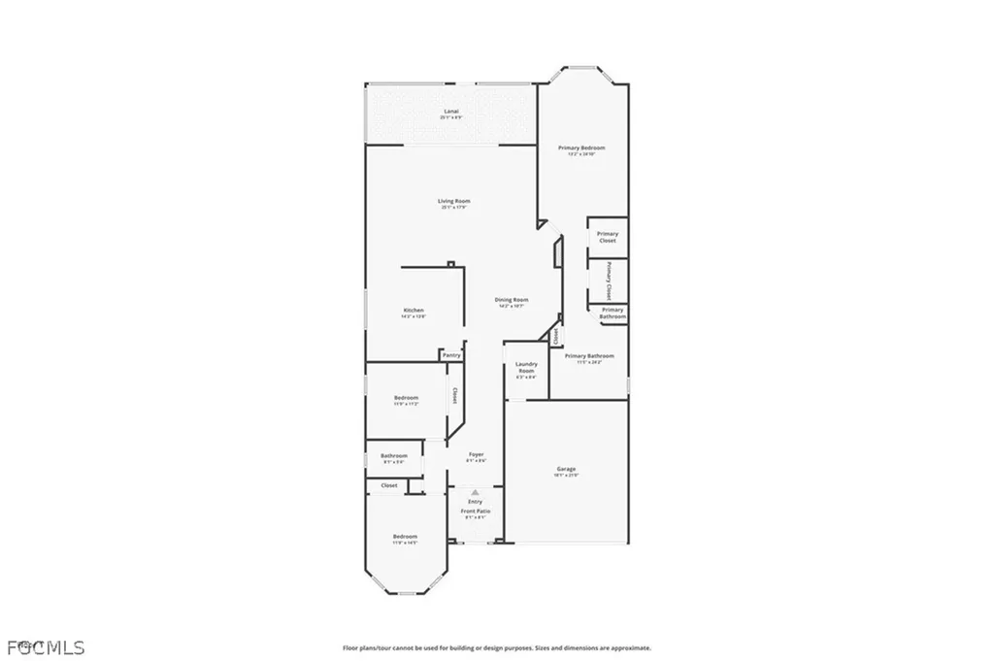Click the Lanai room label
pyautogui.click(x=451, y=112)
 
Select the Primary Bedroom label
pyautogui.click(x=581, y=148)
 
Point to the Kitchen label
pyautogui.click(x=414, y=311)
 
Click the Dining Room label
pyautogui.click(x=513, y=300)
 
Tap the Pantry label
pyautogui.click(x=451, y=355)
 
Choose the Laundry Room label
pyautogui.click(x=526, y=368)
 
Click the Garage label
pyautogui.click(x=567, y=468)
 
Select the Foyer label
pyautogui.click(x=476, y=454)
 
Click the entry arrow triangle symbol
pyautogui.click(x=476, y=493)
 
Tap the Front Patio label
pyautogui.click(x=476, y=511)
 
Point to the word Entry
pyautogui.click(x=476, y=502)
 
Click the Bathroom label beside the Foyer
pyautogui.click(x=394, y=456)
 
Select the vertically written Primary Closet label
pyautogui.click(x=609, y=281)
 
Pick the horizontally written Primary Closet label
pyautogui.click(x=608, y=237)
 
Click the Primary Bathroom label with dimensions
pyautogui.click(x=589, y=356)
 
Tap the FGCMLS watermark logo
pyautogui.click(x=46, y=646)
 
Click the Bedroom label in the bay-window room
pyautogui.click(x=405, y=537)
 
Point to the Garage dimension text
pyautogui.click(x=567, y=476)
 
